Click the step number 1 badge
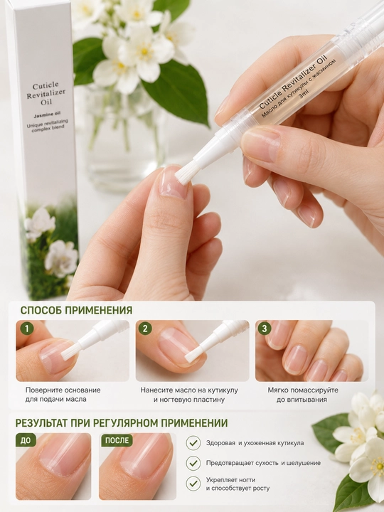27,328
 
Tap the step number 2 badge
145,328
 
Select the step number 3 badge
265,328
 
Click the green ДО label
26,440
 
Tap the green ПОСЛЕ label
117,440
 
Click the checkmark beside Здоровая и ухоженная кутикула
193,443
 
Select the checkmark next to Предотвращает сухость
193,463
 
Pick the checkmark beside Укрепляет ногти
193,484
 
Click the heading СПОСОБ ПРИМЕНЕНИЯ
76,310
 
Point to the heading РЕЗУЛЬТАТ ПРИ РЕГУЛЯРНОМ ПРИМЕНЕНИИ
122,423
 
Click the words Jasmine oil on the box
48,114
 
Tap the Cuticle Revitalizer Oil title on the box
48,94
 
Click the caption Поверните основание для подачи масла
63,395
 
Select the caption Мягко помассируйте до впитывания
303,395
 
